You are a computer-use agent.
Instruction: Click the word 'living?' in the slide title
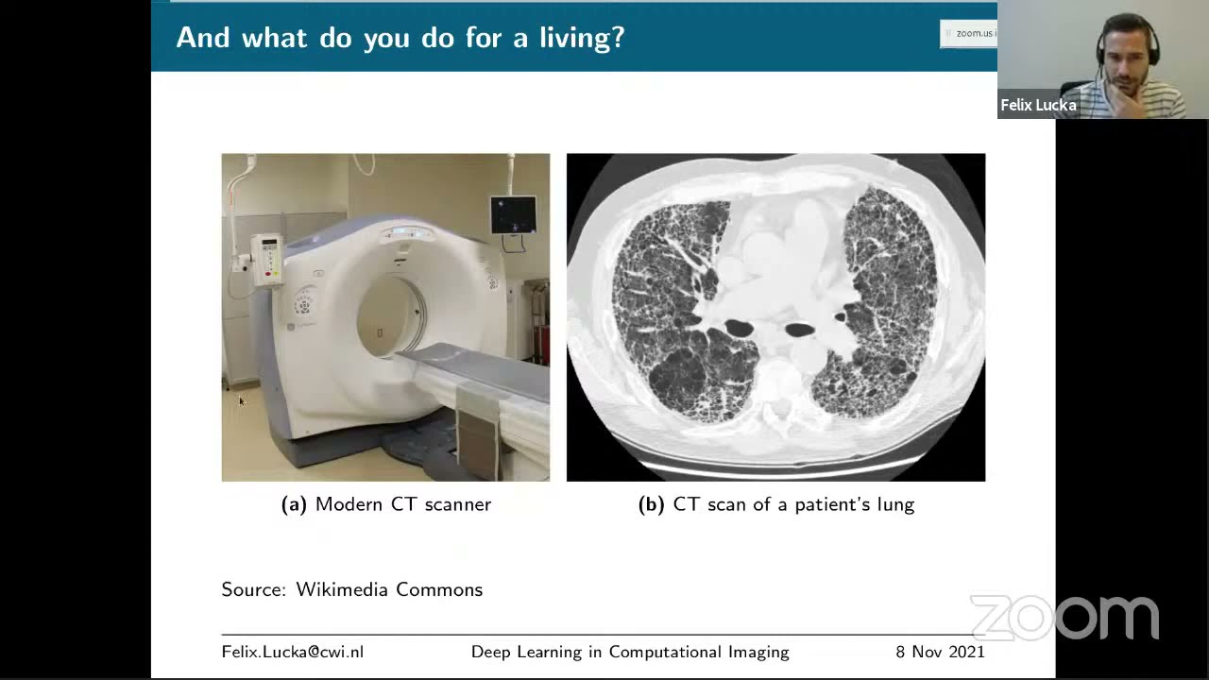[x=582, y=39]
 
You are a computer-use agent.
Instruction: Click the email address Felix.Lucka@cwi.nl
[x=293, y=652]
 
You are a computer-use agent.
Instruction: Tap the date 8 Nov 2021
[x=940, y=652]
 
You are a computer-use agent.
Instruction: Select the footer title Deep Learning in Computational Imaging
[x=630, y=653]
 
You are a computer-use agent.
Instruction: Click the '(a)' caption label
[x=294, y=504]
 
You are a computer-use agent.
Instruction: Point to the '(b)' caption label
[x=652, y=504]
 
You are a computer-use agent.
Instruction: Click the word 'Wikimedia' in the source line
[x=342, y=589]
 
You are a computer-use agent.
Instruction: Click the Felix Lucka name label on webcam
[x=1038, y=105]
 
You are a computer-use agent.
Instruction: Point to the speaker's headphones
[x=1127, y=41]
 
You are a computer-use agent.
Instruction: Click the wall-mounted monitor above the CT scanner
[x=513, y=214]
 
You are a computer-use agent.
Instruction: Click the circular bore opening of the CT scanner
[x=391, y=317]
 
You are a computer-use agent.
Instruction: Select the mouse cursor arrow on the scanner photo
[x=242, y=401]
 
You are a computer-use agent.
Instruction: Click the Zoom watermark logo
[x=1064, y=618]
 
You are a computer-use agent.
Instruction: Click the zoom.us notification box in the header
[x=968, y=33]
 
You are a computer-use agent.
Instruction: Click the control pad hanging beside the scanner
[x=267, y=260]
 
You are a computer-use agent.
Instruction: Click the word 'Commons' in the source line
[x=439, y=589]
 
